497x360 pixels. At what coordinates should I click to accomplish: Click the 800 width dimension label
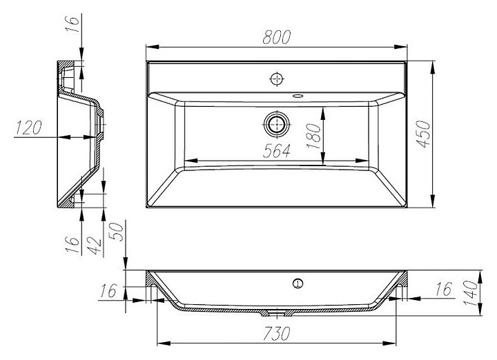pos(276,37)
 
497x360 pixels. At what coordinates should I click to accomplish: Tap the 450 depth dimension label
pos(424,134)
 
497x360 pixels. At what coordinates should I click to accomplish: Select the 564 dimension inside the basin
pos(276,151)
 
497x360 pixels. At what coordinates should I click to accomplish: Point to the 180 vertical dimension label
pos(314,137)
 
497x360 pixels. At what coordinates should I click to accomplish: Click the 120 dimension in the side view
pos(29,128)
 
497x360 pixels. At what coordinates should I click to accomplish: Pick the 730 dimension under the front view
pos(276,333)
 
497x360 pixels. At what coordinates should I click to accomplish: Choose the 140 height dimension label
pos(471,293)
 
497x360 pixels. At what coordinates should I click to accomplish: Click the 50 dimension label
pos(117,232)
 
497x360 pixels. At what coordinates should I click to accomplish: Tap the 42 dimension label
pos(94,246)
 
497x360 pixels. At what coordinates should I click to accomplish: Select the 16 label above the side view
pos(72,23)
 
